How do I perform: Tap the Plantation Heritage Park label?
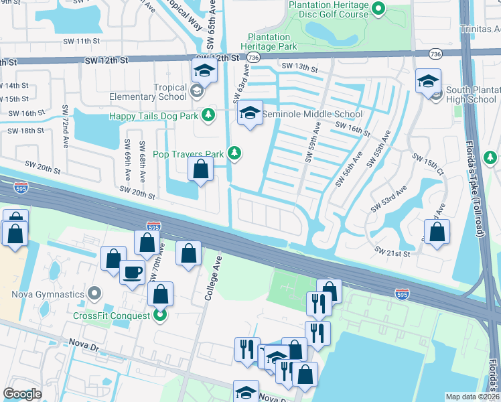click(x=272, y=42)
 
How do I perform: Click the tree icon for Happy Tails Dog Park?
click(x=208, y=115)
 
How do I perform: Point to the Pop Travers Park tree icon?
click(x=234, y=154)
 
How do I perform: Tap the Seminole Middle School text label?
click(x=311, y=114)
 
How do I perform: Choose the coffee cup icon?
click(x=132, y=272)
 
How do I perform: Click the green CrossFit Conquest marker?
click(x=159, y=314)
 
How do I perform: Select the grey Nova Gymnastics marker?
click(x=94, y=293)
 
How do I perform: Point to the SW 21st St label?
click(x=392, y=251)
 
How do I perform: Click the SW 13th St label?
click(x=299, y=66)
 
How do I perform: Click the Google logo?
click(x=22, y=393)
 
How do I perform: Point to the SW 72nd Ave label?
click(x=66, y=121)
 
